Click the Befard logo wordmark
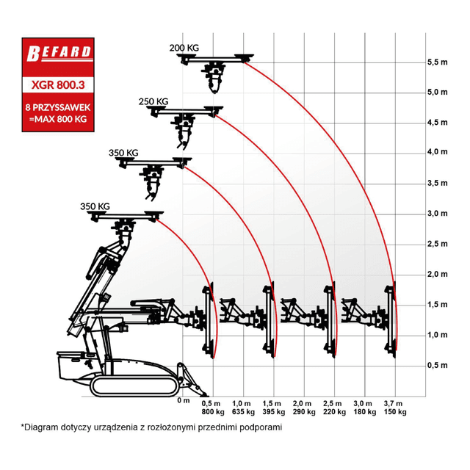tap(59, 53)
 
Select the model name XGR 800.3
tap(58, 85)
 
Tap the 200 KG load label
tap(184, 48)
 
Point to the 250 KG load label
tap(153, 101)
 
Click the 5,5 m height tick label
tap(438, 62)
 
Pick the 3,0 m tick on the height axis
tap(438, 214)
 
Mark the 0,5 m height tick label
tap(438, 366)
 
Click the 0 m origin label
tap(184, 401)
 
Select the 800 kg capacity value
tap(213, 412)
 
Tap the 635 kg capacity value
tap(243, 412)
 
